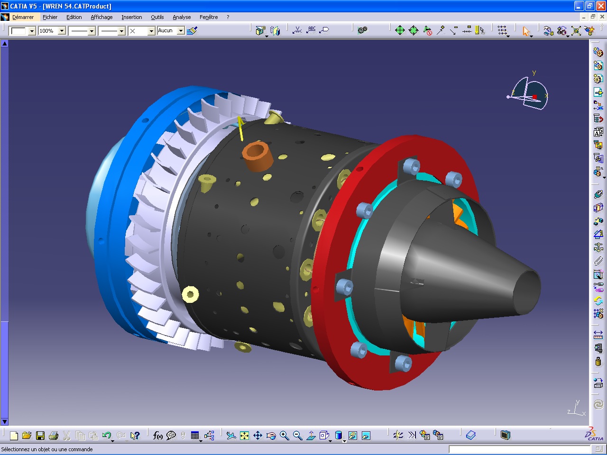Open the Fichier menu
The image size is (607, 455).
point(50,17)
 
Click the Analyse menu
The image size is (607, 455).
point(182,17)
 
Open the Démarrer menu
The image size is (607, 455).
point(23,17)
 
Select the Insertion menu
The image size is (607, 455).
point(131,17)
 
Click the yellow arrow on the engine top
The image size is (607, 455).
point(241,128)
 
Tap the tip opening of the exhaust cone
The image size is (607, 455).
point(527,291)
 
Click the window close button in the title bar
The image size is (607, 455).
point(601,6)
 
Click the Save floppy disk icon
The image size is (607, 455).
point(40,436)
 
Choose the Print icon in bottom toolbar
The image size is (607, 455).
point(54,436)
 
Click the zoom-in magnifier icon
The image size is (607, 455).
point(284,436)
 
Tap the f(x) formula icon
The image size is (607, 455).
point(158,436)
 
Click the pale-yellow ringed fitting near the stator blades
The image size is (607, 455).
point(190,294)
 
